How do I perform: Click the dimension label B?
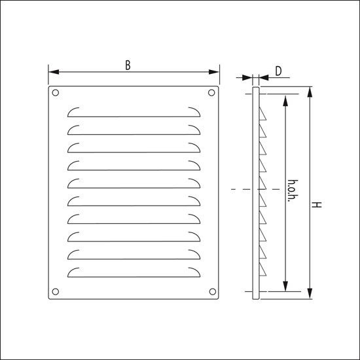(x=128, y=65)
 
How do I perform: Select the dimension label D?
(x=278, y=71)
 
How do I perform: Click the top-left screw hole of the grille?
(x=56, y=93)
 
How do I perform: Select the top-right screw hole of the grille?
(x=211, y=93)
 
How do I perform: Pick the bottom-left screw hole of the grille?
(x=56, y=291)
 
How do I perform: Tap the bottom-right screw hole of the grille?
(x=211, y=291)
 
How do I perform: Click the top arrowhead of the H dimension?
(x=310, y=90)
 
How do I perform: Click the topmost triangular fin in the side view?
(x=264, y=115)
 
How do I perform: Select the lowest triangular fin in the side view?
(x=264, y=269)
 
